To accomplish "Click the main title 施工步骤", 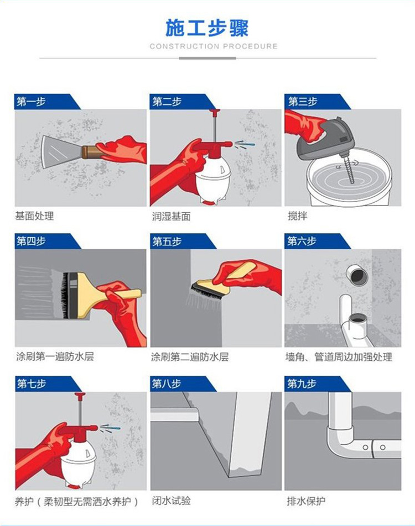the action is [x=207, y=28].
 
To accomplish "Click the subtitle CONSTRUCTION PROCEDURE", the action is [x=214, y=46].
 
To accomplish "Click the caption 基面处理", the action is [x=34, y=215].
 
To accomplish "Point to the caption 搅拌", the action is [x=298, y=215].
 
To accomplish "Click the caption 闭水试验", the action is [x=172, y=501].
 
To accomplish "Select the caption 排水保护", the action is [x=306, y=501].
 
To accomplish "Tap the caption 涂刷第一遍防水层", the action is [x=55, y=356].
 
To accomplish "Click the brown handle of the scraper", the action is [x=91, y=151].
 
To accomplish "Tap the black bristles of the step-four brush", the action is [x=65, y=295].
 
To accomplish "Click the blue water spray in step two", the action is [x=245, y=145].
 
